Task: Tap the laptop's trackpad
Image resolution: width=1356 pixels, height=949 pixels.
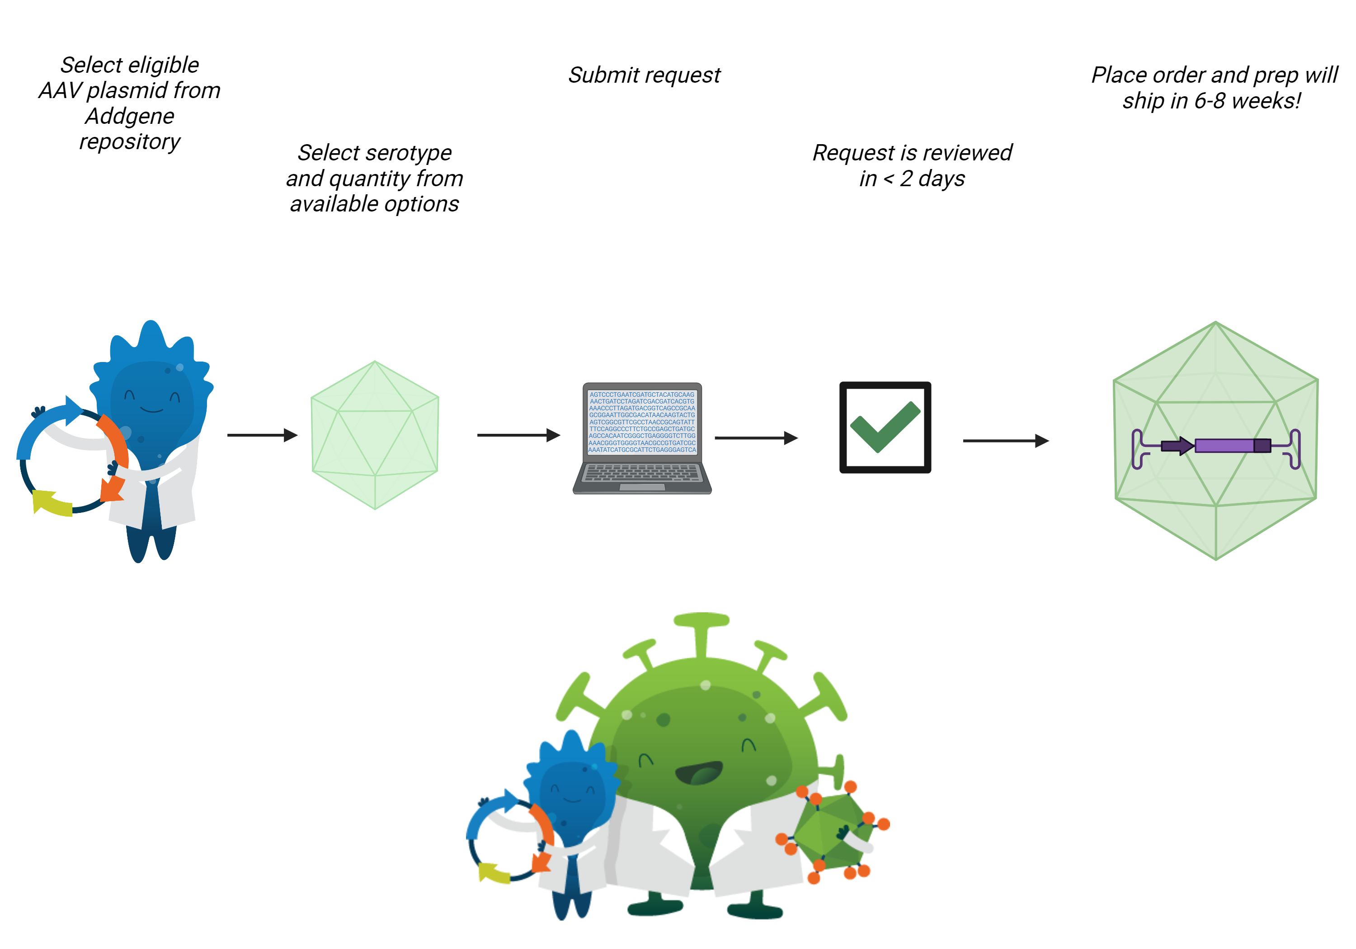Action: (642, 487)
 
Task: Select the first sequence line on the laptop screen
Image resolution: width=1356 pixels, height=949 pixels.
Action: (642, 395)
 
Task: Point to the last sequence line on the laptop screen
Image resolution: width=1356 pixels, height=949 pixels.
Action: (642, 450)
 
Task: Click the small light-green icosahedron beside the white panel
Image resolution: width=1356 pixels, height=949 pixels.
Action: (375, 435)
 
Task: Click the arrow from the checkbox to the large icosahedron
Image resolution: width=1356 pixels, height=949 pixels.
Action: (1006, 441)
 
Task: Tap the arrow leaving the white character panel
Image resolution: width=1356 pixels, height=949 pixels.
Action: (262, 435)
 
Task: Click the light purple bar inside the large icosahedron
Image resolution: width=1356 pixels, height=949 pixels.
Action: (1224, 445)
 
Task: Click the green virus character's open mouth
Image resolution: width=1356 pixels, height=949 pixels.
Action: (699, 772)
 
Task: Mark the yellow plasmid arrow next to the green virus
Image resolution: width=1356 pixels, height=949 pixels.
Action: (495, 873)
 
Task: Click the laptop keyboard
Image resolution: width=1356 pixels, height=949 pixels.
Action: (642, 472)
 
